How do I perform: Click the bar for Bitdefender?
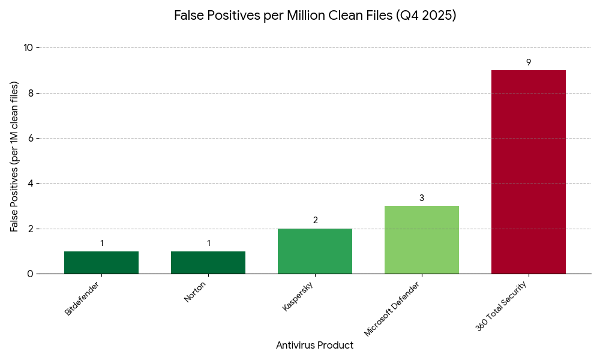click(101, 262)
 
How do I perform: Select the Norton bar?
click(208, 262)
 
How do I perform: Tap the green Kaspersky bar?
click(315, 251)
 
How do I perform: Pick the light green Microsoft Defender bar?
click(422, 240)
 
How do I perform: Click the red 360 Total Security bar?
click(529, 172)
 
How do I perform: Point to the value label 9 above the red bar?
click(529, 62)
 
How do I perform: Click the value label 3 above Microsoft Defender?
click(422, 198)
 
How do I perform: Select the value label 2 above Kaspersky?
click(315, 221)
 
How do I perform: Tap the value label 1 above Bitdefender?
click(101, 244)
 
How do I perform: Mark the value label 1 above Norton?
click(208, 244)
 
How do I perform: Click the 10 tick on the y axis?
click(28, 48)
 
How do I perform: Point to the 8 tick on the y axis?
click(31, 93)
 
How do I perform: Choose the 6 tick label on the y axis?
click(31, 138)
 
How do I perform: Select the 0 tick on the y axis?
click(31, 274)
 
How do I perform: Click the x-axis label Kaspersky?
click(298, 296)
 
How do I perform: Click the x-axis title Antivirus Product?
click(314, 346)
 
